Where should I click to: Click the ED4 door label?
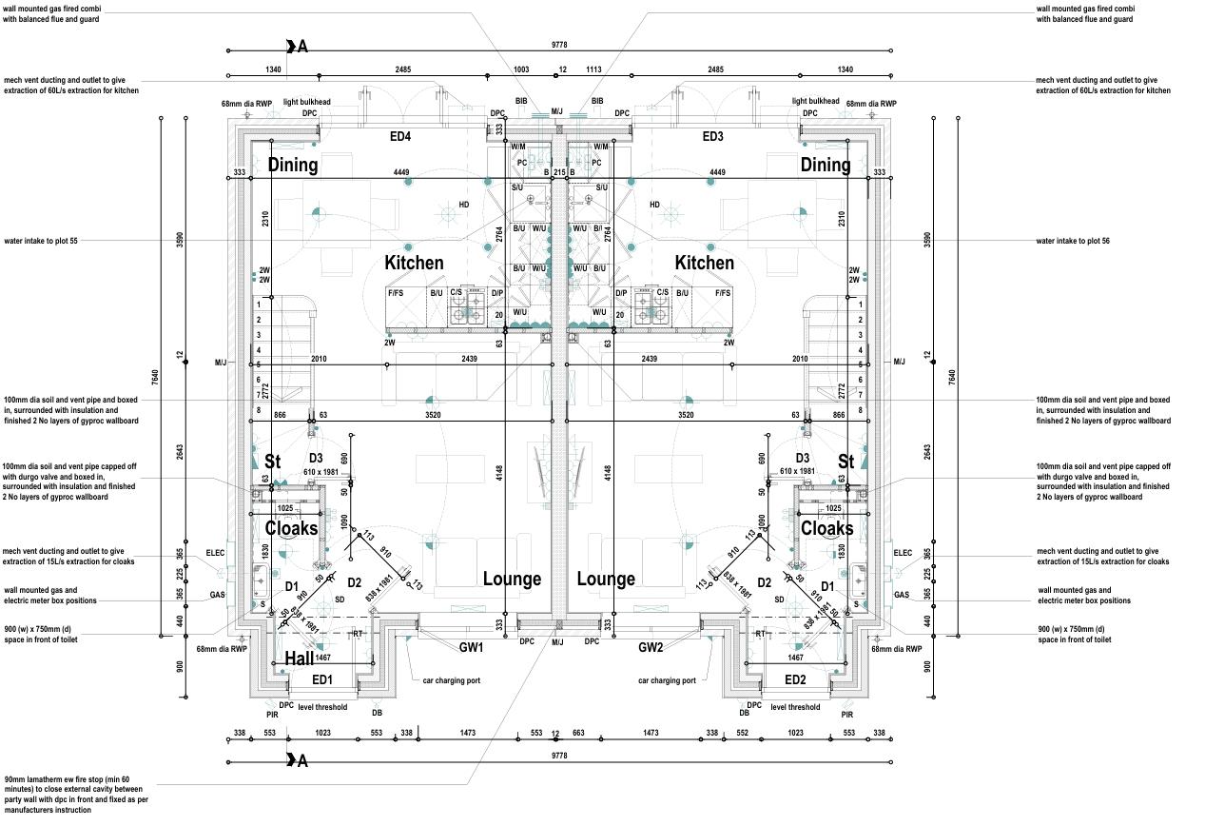[400, 137]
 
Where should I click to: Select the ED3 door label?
[712, 137]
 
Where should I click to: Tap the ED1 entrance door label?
[322, 679]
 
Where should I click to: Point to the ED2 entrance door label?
[795, 679]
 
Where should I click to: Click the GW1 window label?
[472, 648]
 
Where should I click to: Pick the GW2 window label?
[651, 648]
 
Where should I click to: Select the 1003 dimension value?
[521, 69]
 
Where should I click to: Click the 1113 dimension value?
[594, 69]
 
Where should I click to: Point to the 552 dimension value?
[743, 734]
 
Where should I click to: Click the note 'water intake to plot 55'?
[41, 242]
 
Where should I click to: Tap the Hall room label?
[300, 659]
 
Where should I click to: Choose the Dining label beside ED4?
[292, 165]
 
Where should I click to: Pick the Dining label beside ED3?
[825, 165]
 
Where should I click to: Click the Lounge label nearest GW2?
[606, 579]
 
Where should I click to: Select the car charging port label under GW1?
[452, 680]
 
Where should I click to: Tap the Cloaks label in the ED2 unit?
[826, 528]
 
